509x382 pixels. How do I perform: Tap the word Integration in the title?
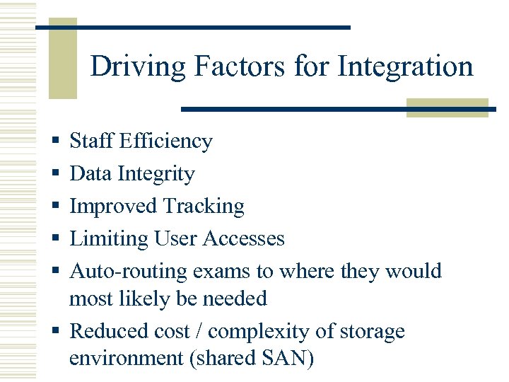click(x=405, y=67)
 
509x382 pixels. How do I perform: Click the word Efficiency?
click(x=165, y=141)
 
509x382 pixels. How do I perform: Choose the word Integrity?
click(x=156, y=174)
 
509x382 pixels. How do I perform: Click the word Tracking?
click(x=204, y=207)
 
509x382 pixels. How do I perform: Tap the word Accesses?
click(x=243, y=239)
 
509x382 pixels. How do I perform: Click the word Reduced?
click(x=110, y=331)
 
